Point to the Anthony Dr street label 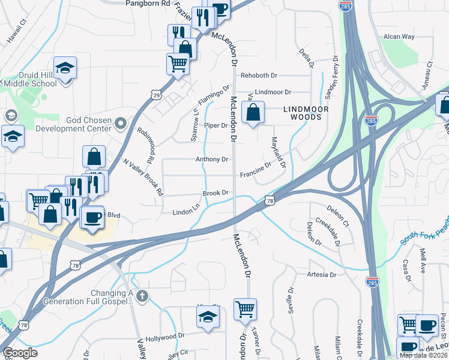212,160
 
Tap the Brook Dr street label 215,193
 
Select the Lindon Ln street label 185,211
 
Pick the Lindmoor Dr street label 273,92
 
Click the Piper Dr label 216,125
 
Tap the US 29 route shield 156,95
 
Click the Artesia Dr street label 321,275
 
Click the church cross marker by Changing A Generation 142,296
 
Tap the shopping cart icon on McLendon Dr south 245,310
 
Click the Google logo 20,353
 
